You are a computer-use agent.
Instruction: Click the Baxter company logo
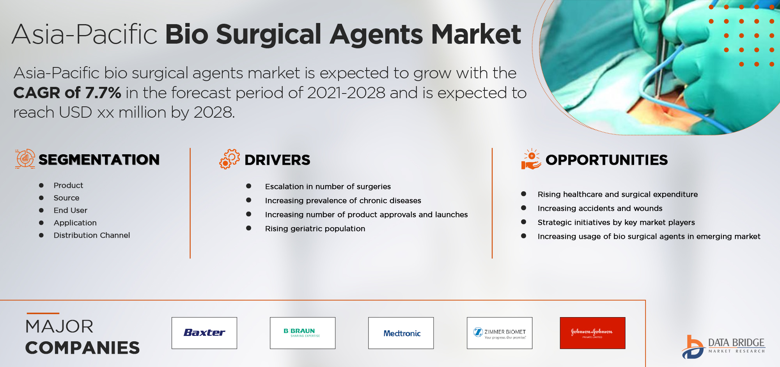pos(204,333)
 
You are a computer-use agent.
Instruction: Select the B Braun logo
pos(303,333)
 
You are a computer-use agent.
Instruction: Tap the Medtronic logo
pos(401,333)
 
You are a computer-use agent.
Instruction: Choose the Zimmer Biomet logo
pos(500,333)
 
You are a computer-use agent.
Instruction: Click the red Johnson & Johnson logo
pos(593,333)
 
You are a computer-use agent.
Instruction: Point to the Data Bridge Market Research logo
pos(723,347)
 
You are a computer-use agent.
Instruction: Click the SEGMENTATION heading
pos(99,160)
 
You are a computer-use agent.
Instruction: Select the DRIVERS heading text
pos(277,160)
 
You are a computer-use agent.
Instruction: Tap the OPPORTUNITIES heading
pos(607,160)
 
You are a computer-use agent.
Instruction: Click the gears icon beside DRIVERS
pos(229,159)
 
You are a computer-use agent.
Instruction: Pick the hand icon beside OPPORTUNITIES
pos(531,159)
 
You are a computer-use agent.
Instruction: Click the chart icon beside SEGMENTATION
pos(25,159)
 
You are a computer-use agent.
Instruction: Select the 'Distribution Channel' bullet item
pos(92,235)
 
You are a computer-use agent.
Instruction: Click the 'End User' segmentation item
pos(71,210)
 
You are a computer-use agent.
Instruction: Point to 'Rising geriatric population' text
pos(315,229)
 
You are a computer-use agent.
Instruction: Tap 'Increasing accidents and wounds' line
pos(600,208)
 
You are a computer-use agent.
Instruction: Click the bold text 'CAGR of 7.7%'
pos(67,93)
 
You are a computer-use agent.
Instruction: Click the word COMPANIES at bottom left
pos(82,348)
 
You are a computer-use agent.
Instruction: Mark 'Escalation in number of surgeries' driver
pos(328,187)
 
